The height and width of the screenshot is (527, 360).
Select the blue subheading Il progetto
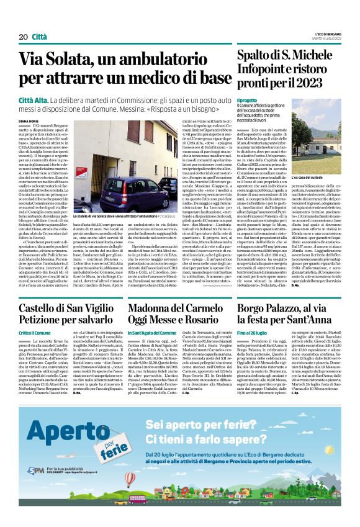pyautogui.click(x=247, y=100)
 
